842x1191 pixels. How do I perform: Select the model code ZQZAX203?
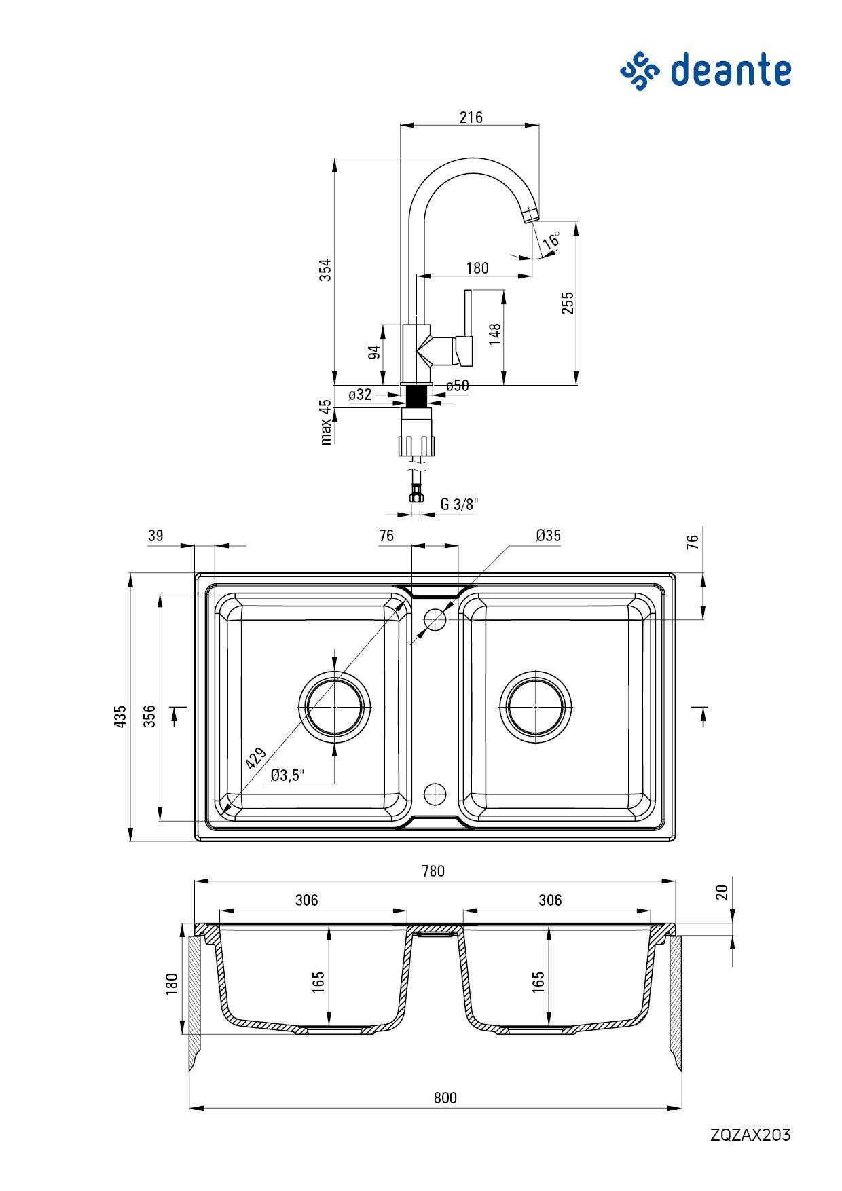[x=750, y=1135]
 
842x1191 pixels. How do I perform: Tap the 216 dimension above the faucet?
[x=471, y=117]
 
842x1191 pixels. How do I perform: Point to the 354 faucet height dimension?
[x=326, y=270]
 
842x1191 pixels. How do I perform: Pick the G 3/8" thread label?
[x=459, y=505]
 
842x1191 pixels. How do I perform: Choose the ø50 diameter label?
[x=458, y=386]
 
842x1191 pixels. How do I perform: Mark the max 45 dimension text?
[x=326, y=422]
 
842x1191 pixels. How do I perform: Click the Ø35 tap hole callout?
[x=548, y=536]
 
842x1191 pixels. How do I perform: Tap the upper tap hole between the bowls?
[x=435, y=619]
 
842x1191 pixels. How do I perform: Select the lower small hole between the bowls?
[x=434, y=792]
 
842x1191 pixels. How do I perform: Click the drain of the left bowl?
[x=335, y=707]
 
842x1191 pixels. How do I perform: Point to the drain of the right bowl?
[x=535, y=707]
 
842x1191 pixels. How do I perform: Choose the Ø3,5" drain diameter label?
[x=287, y=775]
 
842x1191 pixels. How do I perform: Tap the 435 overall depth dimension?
[x=120, y=716]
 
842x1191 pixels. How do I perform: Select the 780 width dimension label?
[x=433, y=871]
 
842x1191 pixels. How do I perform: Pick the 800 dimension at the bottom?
[x=445, y=1097]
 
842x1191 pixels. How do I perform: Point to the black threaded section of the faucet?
[x=417, y=394]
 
